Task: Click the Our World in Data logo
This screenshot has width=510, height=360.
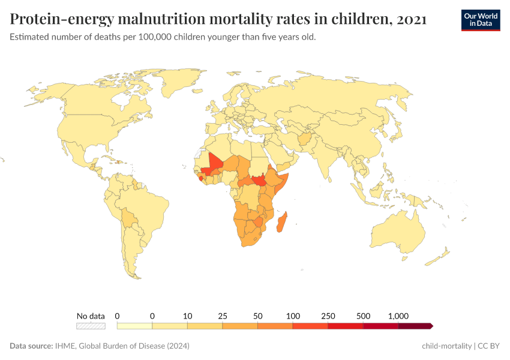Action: [481, 19]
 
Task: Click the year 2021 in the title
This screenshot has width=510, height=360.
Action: [411, 19]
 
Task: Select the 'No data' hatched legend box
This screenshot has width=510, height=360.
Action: [91, 326]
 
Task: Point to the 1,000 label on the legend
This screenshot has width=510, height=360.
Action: [398, 316]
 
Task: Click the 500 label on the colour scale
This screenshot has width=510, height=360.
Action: [363, 316]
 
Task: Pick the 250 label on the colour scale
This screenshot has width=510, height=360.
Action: [328, 316]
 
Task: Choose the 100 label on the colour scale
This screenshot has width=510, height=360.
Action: [293, 316]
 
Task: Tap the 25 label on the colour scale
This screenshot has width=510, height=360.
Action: [223, 316]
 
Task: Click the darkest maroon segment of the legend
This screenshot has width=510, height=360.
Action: [415, 326]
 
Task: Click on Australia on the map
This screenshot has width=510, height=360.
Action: [399, 234]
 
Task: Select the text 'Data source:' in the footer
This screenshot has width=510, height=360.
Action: [31, 346]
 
